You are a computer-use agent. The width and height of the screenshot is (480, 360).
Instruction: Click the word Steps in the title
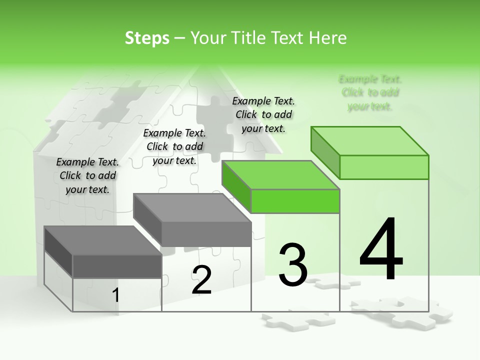coord(147,38)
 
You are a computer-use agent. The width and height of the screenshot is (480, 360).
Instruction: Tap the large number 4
coord(381,249)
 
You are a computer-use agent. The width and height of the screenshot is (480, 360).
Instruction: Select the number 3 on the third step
coord(293,265)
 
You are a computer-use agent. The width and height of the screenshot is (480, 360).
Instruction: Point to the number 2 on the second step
coord(201,280)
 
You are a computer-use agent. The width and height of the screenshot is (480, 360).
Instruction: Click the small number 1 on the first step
coord(116,295)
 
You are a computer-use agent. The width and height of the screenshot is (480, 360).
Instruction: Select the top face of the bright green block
coord(280,175)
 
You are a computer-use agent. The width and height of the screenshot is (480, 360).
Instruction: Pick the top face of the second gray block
coord(192,208)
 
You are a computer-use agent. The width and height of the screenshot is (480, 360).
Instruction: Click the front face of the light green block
coord(384,167)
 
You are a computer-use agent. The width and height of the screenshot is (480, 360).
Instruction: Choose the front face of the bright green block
coord(295,201)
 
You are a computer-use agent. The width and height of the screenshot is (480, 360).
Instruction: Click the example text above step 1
coord(87,175)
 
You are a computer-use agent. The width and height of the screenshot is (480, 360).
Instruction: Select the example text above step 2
coord(174,146)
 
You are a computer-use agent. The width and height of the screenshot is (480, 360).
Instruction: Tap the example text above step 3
coord(263,114)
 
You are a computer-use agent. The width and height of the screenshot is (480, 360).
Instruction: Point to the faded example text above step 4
coord(370,92)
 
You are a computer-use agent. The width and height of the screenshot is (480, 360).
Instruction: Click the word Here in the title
coord(328,38)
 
